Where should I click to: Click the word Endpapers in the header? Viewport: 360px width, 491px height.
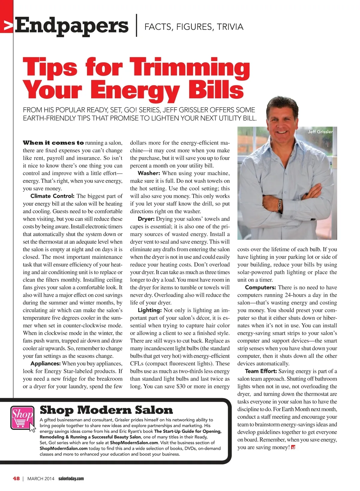point(72,26)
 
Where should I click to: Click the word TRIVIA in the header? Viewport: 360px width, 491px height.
point(230,27)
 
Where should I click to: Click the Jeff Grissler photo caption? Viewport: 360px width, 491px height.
point(320,132)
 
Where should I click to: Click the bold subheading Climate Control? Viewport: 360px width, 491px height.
point(52,196)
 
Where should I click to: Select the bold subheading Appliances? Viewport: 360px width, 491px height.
point(45,364)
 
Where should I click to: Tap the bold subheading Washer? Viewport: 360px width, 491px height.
point(149,173)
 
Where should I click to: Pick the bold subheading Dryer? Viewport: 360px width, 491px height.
point(146,219)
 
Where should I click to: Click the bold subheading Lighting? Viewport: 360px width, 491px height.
point(150,310)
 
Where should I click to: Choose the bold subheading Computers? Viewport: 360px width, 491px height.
point(260,287)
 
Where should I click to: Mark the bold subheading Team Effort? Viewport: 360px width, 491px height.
point(260,371)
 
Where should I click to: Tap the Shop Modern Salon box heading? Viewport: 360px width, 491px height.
point(106,410)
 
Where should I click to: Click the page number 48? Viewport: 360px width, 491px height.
point(16,478)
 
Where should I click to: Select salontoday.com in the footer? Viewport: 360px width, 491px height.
point(71,478)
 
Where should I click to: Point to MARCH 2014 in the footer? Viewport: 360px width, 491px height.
point(41,478)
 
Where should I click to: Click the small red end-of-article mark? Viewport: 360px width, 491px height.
point(293,448)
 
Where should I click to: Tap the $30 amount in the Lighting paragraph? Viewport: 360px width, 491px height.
point(181,386)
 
